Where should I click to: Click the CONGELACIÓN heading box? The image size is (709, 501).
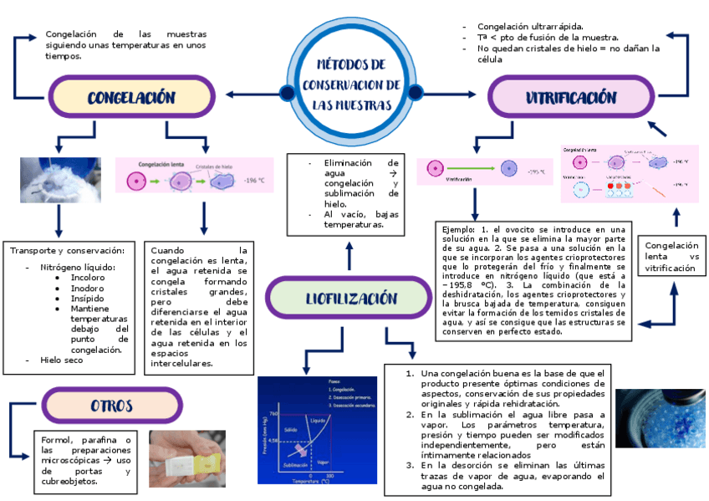[x=131, y=97]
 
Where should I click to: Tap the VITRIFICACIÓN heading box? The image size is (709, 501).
[x=570, y=97]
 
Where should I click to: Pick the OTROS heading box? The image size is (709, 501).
[x=112, y=406]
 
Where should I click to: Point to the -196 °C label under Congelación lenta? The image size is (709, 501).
[x=254, y=180]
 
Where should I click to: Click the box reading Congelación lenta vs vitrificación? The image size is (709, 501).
[x=671, y=257]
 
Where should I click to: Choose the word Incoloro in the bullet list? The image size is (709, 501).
[x=88, y=277]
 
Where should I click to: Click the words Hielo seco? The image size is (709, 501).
[x=62, y=360]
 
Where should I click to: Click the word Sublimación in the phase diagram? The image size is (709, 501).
[x=294, y=463]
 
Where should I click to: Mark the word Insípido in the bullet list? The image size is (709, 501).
[x=88, y=298]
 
